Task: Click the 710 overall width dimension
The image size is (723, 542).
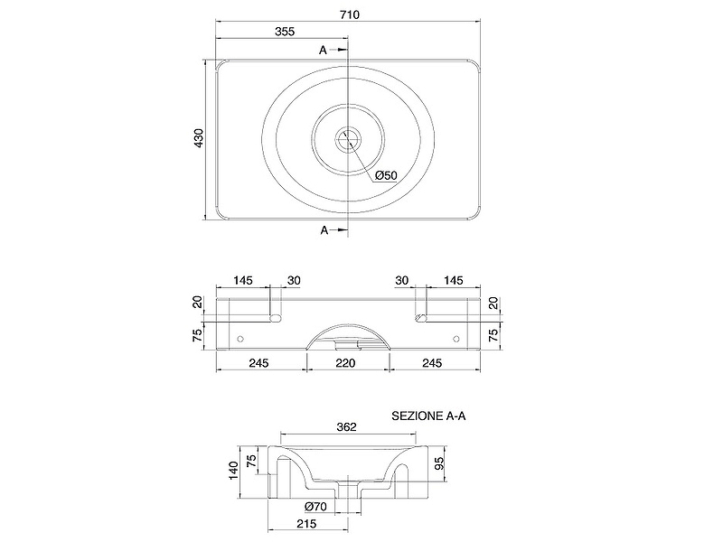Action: coord(350,14)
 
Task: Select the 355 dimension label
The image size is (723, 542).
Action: coord(285,32)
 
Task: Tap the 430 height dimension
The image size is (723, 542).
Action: coord(198,138)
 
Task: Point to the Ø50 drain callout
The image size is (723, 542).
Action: coord(386,175)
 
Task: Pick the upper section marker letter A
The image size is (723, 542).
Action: coord(323,50)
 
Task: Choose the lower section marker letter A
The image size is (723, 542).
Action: coord(324,230)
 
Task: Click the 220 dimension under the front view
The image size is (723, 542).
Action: coord(345,363)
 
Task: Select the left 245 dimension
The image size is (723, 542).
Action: coord(259,363)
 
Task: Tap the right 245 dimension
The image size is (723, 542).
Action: coord(432,363)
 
